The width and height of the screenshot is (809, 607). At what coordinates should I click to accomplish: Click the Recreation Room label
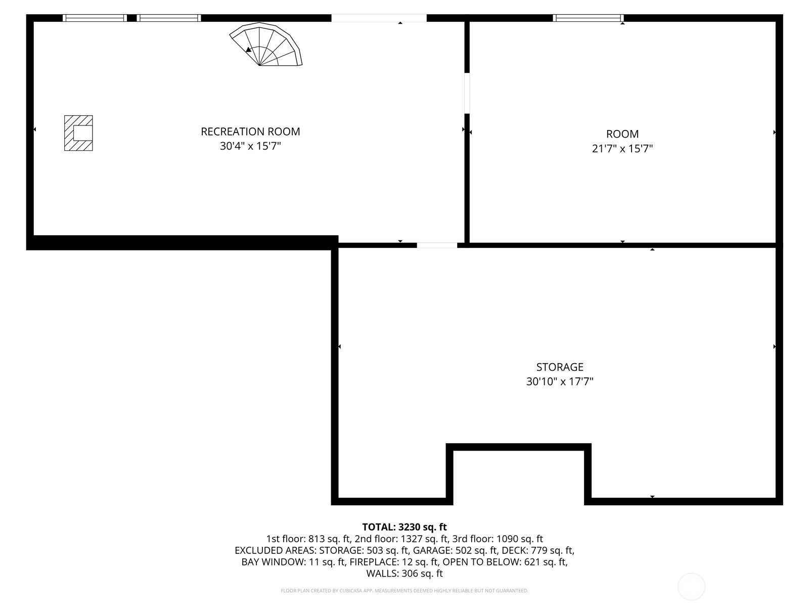tap(250, 132)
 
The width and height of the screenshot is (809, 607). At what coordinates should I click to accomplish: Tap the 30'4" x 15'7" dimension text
tap(250, 146)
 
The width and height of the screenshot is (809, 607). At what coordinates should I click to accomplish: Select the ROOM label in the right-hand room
tap(622, 134)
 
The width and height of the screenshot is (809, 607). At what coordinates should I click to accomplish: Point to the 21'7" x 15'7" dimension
tap(622, 149)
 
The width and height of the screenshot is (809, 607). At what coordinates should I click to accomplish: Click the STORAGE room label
tap(560, 367)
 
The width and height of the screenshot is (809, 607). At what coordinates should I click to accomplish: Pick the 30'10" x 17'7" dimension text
tap(560, 381)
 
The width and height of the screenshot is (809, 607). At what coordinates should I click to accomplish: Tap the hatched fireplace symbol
tap(78, 133)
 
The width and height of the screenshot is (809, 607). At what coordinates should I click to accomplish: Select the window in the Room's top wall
tap(588, 18)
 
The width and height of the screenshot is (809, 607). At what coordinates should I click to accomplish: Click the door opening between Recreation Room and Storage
tap(437, 245)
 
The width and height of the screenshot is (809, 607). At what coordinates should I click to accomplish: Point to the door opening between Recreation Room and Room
tap(467, 94)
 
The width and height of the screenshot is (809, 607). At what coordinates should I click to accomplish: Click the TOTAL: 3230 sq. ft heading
tap(404, 527)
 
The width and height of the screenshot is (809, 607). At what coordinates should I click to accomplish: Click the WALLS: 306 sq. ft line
tap(404, 574)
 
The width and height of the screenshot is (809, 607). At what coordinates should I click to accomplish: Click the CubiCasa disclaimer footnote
tap(404, 590)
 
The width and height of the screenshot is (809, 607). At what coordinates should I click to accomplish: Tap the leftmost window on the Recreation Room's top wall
tap(95, 18)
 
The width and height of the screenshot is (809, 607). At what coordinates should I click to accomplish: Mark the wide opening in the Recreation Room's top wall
tap(379, 18)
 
